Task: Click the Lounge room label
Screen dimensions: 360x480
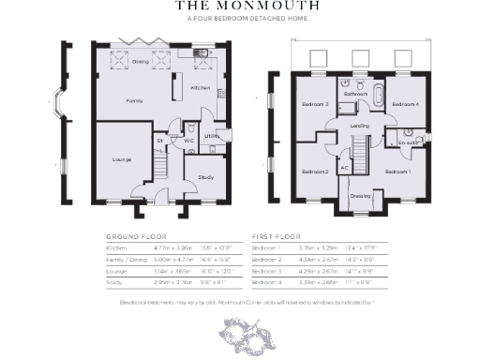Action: click(x=122, y=160)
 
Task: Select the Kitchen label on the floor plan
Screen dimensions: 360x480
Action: click(x=201, y=87)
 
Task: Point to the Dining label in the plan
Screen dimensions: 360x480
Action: click(x=140, y=62)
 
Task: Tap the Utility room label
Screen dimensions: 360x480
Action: click(x=212, y=136)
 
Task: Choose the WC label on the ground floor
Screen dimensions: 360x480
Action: click(x=188, y=141)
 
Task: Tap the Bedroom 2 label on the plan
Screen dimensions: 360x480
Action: click(x=314, y=172)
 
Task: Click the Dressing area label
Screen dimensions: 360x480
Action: click(x=360, y=196)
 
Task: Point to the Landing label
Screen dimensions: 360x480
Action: click(x=359, y=125)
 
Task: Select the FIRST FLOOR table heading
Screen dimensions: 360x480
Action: click(x=275, y=237)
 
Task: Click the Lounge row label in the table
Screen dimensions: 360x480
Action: click(x=117, y=269)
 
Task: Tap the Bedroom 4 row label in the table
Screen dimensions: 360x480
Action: click(x=267, y=280)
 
